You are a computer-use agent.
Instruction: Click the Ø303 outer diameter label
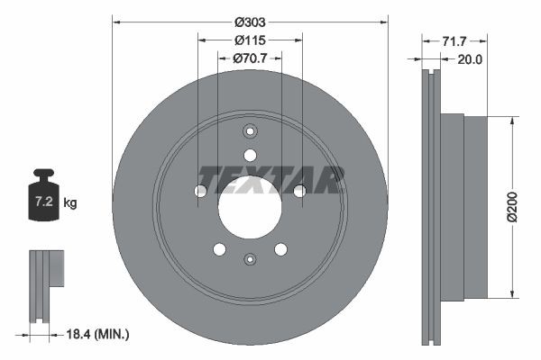[x=250, y=21]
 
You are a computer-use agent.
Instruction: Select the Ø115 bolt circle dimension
[x=250, y=40]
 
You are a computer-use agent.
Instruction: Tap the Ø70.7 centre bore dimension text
[x=250, y=59]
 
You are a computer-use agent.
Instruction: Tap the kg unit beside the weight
[x=70, y=203]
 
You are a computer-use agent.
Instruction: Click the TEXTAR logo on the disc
[x=270, y=179]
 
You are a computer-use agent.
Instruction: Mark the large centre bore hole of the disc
[x=250, y=207]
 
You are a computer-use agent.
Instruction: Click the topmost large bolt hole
[x=250, y=155]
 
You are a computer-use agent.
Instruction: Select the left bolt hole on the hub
[x=201, y=191]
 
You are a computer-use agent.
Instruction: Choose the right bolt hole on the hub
[x=299, y=191]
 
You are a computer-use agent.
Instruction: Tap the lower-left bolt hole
[x=219, y=248]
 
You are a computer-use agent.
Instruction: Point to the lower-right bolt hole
[x=280, y=248]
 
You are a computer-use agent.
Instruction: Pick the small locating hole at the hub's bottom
[x=250, y=259]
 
